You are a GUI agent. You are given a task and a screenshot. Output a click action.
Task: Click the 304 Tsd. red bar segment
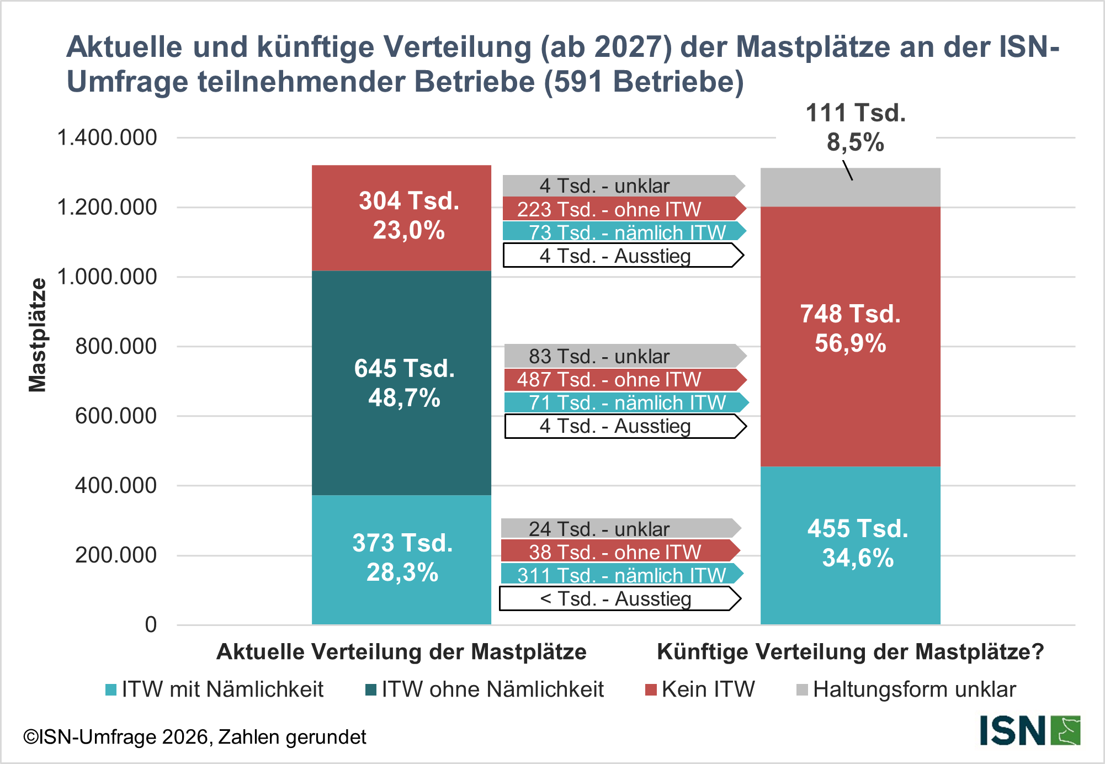401,217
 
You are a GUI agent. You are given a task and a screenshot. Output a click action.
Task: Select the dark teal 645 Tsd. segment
401,383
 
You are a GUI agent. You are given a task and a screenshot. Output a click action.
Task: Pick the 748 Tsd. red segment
850,336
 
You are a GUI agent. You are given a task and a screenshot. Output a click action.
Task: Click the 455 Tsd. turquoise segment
850,545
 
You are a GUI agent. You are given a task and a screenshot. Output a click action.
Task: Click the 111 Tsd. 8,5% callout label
856,128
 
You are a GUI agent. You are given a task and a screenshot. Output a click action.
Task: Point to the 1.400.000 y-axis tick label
107,137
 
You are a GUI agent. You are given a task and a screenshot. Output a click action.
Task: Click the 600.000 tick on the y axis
116,416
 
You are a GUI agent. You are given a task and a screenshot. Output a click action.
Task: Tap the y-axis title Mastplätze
38,335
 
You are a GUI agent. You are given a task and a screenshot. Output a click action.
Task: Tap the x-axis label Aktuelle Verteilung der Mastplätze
401,652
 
